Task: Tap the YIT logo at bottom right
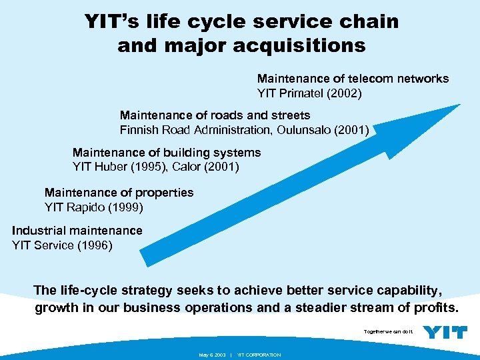(445, 332)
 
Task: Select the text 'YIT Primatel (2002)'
(309, 94)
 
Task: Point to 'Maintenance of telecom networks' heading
(353, 79)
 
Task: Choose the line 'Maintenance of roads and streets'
(215, 115)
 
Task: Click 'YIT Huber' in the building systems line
(99, 167)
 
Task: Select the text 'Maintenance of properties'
(119, 193)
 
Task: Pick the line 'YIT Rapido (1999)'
(93, 207)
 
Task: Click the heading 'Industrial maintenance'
(77, 231)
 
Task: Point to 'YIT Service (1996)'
(63, 245)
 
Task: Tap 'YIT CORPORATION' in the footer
(259, 355)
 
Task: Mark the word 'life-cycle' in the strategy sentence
(87, 291)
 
